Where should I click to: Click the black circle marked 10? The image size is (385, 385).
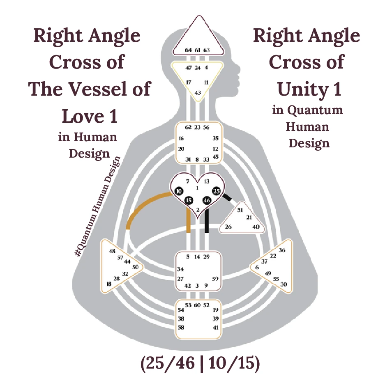178,191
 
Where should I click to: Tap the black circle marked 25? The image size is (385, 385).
217,191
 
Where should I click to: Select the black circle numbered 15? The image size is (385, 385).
189,200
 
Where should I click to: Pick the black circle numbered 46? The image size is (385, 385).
207,200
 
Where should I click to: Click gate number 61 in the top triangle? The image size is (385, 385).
198,50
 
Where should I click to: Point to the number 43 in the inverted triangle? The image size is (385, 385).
198,93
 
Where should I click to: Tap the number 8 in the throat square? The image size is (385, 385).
197,159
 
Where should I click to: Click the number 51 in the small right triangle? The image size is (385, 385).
241,210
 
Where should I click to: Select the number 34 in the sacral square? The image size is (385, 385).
180,269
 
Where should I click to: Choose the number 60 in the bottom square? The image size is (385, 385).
197,305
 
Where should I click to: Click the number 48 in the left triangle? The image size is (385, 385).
112,252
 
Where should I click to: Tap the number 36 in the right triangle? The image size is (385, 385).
282,250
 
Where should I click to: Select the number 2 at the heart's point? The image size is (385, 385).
198,210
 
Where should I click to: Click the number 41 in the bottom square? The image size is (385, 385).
216,327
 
